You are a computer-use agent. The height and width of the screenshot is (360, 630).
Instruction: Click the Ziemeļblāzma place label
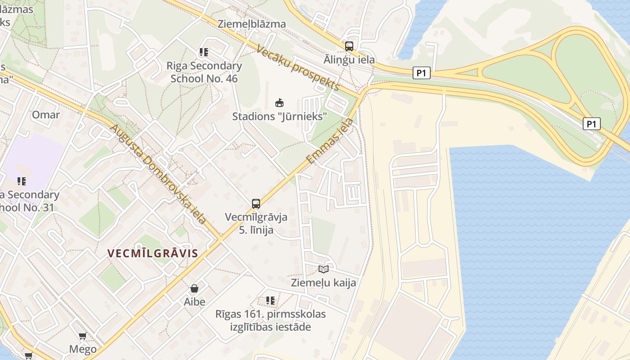tap(252, 24)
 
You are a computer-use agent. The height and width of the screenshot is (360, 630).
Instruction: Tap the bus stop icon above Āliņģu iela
tap(349, 46)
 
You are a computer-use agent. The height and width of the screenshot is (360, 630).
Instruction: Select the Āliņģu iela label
tap(349, 59)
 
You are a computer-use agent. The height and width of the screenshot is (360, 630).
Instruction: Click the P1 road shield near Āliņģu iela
tap(421, 73)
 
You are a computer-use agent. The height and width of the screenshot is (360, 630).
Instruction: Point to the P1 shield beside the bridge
tap(591, 124)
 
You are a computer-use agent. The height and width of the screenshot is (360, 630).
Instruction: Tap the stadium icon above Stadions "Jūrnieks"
tap(279, 103)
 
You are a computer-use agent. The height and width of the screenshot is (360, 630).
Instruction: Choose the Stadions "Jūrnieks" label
tap(279, 117)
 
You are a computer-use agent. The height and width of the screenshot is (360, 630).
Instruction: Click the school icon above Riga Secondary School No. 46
tap(204, 52)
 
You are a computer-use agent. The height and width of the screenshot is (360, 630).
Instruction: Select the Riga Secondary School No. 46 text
tap(204, 72)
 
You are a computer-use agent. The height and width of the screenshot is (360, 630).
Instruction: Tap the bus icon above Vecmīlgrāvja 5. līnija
tap(256, 203)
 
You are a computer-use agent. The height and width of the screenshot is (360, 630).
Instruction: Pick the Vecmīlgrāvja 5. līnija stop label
tap(256, 224)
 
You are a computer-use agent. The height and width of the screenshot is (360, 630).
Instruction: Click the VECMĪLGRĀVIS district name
tap(153, 253)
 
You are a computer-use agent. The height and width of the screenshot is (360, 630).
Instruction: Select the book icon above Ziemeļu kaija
tap(324, 269)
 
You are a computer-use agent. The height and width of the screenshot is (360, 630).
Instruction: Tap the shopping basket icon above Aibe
tap(194, 288)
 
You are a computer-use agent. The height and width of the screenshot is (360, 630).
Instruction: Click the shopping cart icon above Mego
tap(83, 336)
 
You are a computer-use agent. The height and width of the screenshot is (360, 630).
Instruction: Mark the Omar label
tap(45, 115)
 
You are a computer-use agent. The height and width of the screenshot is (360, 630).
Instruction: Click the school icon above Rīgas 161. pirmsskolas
tap(270, 300)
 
